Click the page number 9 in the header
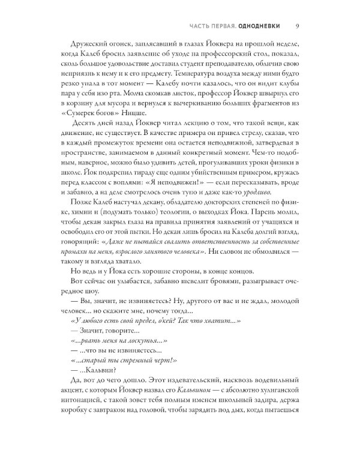(298, 26)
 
